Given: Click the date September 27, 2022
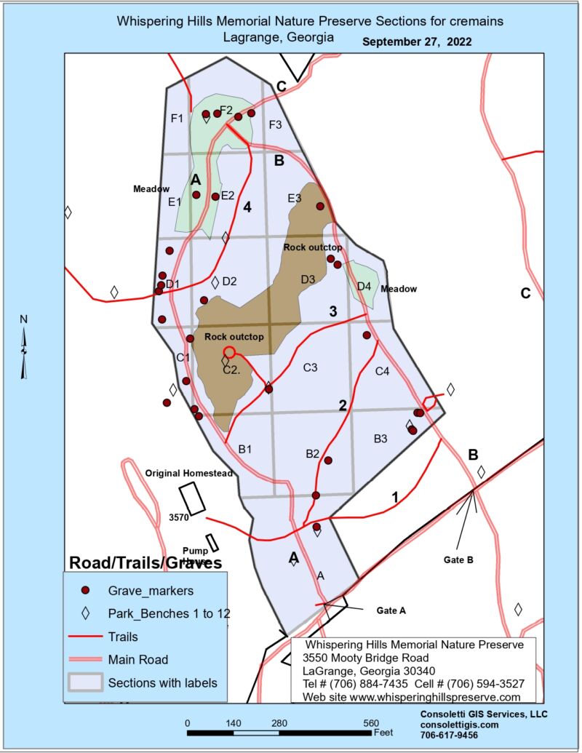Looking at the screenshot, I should pyautogui.click(x=417, y=42).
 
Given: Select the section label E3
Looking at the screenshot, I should pyautogui.click(x=294, y=198).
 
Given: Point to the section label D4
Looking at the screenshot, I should pyautogui.click(x=364, y=286).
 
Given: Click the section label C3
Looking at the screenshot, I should pyautogui.click(x=310, y=367).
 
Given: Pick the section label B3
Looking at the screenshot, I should pyautogui.click(x=380, y=438).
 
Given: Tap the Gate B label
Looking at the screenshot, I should pyautogui.click(x=458, y=559).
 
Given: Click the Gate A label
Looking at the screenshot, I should pyautogui.click(x=391, y=610).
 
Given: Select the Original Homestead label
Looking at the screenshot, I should pyautogui.click(x=188, y=473).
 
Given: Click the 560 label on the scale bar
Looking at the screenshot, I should pyautogui.click(x=372, y=722).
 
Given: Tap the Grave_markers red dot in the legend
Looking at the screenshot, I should pyautogui.click(x=85, y=590).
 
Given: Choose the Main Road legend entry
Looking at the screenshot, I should pyautogui.click(x=138, y=660).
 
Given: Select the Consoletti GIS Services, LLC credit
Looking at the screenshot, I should pyautogui.click(x=483, y=714).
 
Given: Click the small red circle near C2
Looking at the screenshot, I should pyautogui.click(x=229, y=352).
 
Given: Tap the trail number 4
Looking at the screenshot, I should pyautogui.click(x=247, y=207).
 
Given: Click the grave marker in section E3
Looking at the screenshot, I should pyautogui.click(x=320, y=206).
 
